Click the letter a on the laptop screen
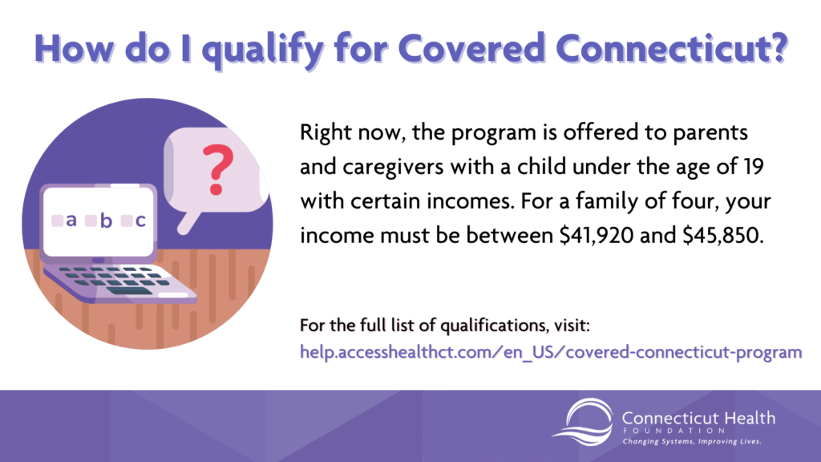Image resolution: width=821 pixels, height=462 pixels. pos(71,220)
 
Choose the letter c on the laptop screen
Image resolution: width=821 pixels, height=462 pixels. pos(140,220)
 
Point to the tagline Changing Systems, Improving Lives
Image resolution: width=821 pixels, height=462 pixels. pos(691,442)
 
